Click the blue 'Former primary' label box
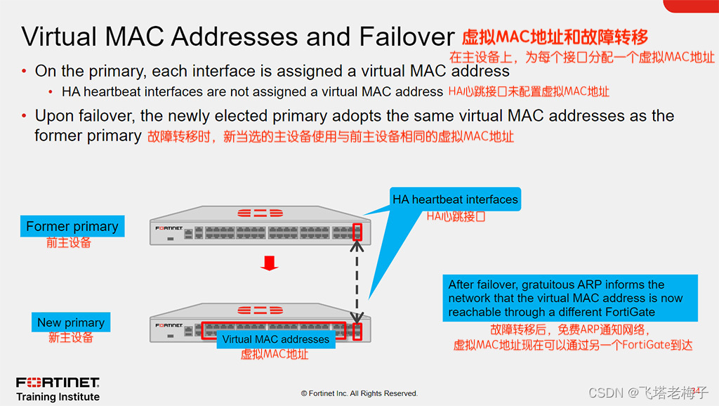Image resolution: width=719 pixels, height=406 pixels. tap(72, 226)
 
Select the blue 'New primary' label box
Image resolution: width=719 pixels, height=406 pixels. tap(71, 322)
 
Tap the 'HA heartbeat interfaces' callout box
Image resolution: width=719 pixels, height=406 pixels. tap(455, 199)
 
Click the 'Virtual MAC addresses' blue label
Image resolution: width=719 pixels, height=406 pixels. tap(276, 339)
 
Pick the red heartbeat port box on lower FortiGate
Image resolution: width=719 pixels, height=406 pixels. tap(358, 332)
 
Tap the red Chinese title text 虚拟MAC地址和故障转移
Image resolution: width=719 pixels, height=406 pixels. tap(555, 37)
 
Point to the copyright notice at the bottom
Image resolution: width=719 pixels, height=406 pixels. tap(359, 393)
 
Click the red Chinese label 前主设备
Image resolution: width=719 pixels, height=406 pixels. tap(69, 243)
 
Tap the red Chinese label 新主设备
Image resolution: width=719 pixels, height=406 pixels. tap(71, 338)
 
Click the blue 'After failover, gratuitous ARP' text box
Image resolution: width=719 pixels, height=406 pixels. tap(570, 298)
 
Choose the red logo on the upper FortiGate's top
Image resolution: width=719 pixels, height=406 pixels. tap(258, 212)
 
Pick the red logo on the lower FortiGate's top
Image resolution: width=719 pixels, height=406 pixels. tap(258, 310)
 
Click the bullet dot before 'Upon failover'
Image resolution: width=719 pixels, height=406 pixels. tap(25, 117)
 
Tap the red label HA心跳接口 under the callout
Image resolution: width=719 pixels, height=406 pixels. tap(456, 216)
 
